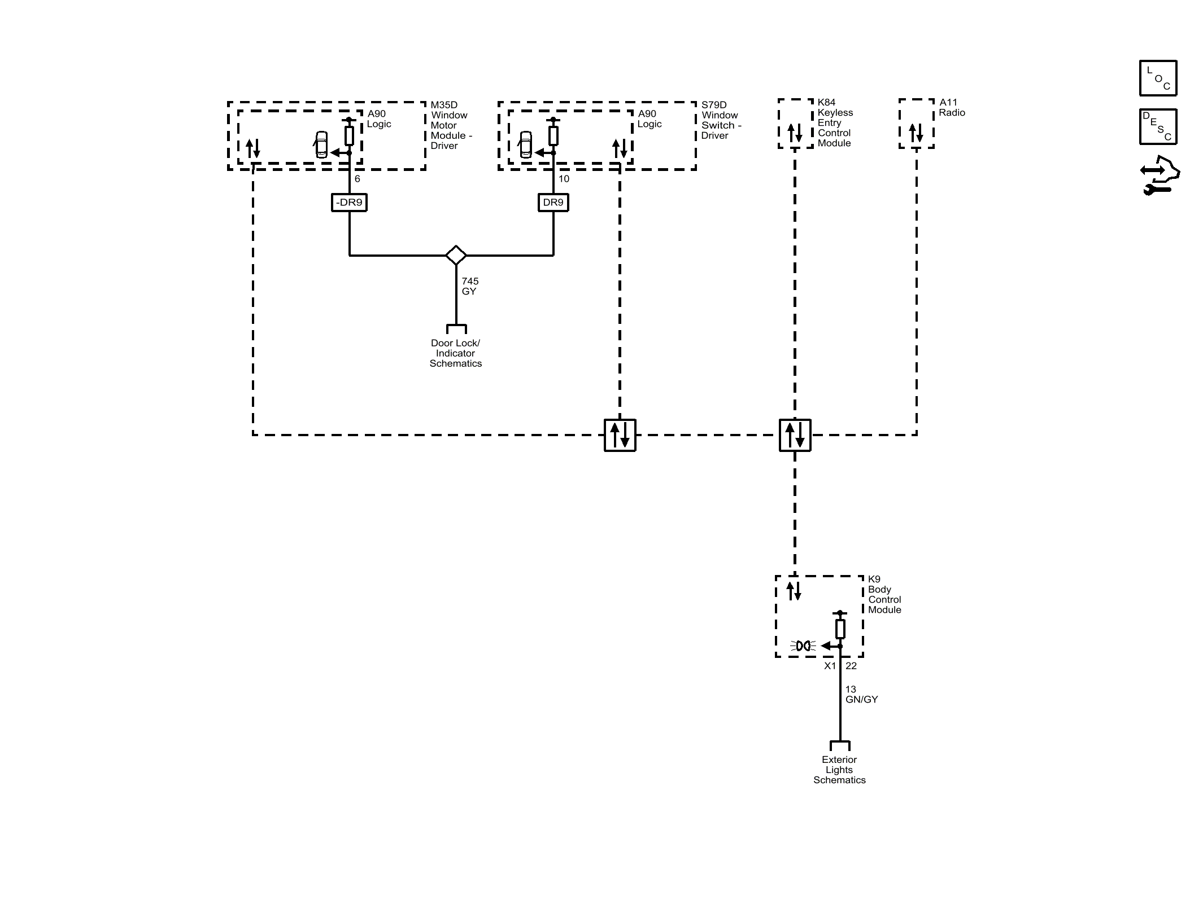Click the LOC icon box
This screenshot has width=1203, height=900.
tap(1158, 78)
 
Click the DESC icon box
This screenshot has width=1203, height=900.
tap(1158, 126)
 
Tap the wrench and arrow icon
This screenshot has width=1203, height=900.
tap(1160, 175)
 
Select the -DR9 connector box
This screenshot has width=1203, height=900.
tap(349, 203)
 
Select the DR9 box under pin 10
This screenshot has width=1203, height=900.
tap(553, 203)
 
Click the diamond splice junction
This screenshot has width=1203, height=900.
tap(456, 256)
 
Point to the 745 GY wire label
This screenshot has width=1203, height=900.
tap(470, 286)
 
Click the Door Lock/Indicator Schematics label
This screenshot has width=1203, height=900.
tap(455, 353)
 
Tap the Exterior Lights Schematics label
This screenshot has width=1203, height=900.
tap(839, 770)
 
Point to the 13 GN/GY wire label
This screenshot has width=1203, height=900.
tap(861, 694)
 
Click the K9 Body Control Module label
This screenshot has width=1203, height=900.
tap(884, 594)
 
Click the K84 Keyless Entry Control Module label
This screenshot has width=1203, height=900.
tap(835, 122)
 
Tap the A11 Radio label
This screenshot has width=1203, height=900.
tap(952, 107)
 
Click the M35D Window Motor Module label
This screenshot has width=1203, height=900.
tap(451, 125)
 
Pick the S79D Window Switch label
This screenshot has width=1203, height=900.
tap(721, 120)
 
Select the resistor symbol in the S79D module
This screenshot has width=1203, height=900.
tap(553, 135)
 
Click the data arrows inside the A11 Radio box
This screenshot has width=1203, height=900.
tap(916, 133)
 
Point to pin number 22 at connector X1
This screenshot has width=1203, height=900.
tap(851, 666)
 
